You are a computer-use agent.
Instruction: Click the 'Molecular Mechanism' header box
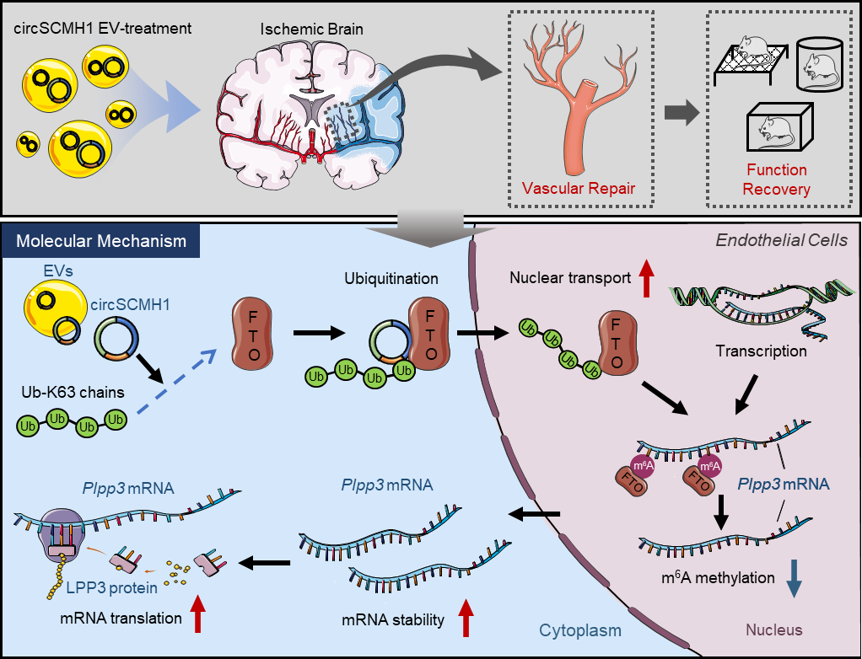pyautogui.click(x=102, y=241)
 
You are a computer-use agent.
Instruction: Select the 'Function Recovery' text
pyautogui.click(x=776, y=179)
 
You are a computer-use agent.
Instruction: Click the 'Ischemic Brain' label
pyautogui.click(x=311, y=29)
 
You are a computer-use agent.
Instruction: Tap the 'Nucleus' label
pyautogui.click(x=775, y=630)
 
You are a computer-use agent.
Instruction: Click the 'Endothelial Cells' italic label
pyautogui.click(x=781, y=241)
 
